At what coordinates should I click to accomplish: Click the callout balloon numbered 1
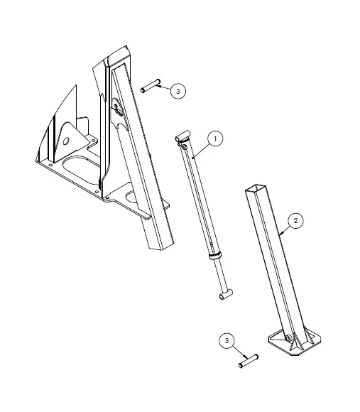pyautogui.click(x=216, y=139)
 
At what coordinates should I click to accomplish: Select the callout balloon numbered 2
pyautogui.click(x=298, y=220)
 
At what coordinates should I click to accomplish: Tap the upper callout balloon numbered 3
pyautogui.click(x=178, y=91)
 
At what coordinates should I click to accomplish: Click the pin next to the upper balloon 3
pyautogui.click(x=151, y=87)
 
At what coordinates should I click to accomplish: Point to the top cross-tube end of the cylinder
pyautogui.click(x=183, y=135)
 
